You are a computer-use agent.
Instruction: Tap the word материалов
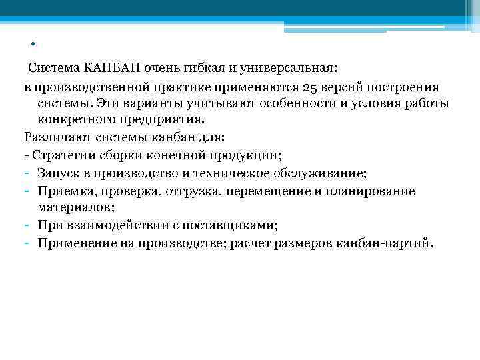(x=75, y=208)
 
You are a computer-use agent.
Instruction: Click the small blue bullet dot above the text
(x=32, y=45)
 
